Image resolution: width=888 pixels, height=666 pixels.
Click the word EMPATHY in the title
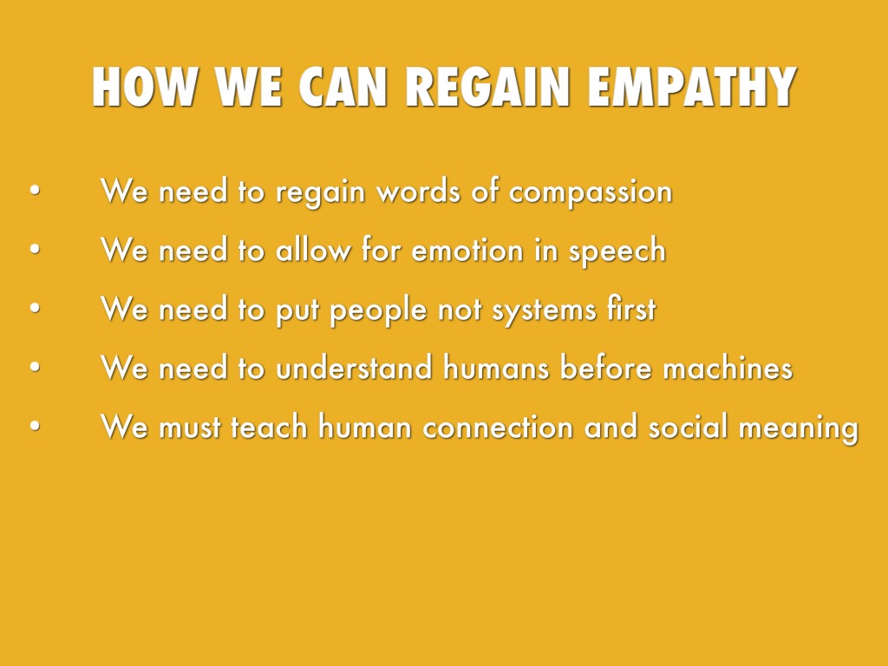691,87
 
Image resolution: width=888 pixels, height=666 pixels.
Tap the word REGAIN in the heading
487,87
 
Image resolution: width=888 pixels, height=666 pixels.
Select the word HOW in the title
144,87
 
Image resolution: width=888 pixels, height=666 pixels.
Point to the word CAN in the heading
342,87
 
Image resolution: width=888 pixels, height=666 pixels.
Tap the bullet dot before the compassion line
35,191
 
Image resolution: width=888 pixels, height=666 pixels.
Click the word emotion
467,251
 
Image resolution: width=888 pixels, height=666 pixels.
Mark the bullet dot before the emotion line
35,250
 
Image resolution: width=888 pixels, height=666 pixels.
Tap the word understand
354,367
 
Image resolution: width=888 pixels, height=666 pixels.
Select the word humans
496,367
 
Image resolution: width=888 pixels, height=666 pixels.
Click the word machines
728,367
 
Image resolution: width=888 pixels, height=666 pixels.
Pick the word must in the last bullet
190,427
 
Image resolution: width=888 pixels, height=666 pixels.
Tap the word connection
498,427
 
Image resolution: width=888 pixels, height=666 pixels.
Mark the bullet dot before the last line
35,426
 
